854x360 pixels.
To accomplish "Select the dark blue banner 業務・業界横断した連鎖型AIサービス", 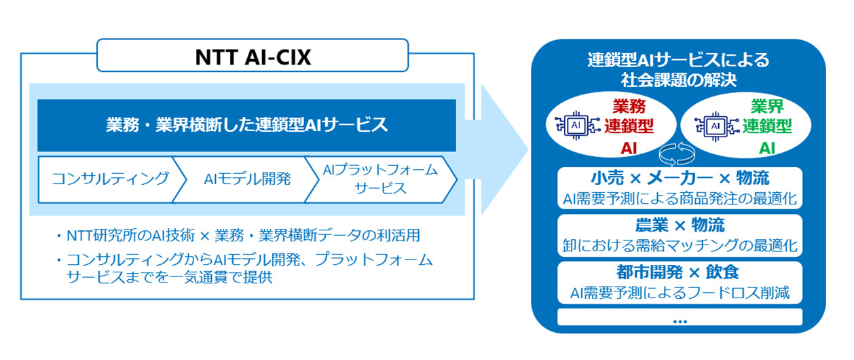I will click(x=246, y=125).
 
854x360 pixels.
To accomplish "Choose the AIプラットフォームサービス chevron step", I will click(x=379, y=179).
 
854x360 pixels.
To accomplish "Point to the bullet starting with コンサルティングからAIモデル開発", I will click(x=248, y=268).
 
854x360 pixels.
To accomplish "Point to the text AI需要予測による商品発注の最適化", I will click(x=679, y=199).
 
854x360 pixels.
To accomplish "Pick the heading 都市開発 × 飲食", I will click(x=679, y=272).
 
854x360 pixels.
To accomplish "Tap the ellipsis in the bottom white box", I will click(x=679, y=319).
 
